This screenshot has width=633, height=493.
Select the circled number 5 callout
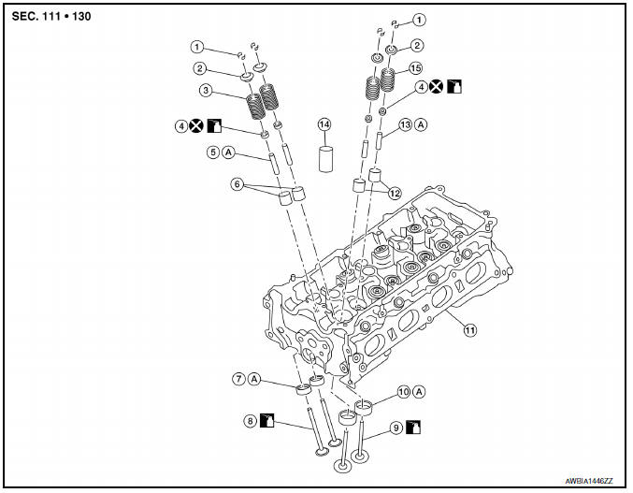coord(213,152)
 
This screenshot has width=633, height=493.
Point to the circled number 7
coord(239,379)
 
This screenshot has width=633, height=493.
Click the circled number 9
coord(396,427)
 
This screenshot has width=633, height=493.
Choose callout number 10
coord(403,391)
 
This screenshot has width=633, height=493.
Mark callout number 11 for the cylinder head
coord(469,329)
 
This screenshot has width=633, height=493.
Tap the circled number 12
coord(396,193)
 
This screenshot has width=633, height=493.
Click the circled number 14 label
coord(324,124)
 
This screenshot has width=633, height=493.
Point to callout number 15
coord(417,68)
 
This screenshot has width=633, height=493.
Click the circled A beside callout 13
coord(422,124)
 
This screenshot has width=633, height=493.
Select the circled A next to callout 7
coord(255,379)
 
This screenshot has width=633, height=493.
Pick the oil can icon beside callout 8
coord(267,420)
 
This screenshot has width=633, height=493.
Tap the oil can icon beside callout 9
coord(413,427)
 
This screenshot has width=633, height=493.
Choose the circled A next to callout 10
coord(419,391)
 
